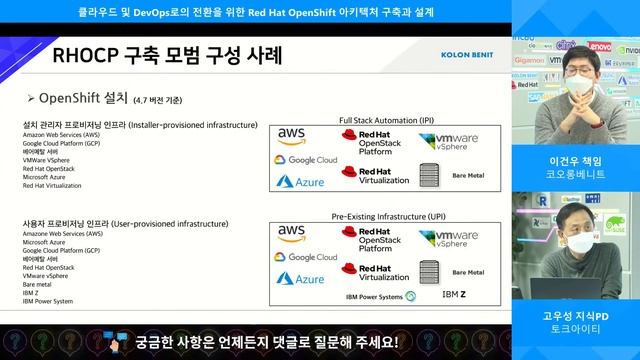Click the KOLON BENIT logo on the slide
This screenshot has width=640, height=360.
click(x=466, y=55)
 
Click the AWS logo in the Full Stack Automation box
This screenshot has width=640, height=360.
click(x=291, y=136)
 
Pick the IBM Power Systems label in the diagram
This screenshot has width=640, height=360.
click(x=374, y=297)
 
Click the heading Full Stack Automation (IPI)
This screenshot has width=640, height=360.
click(x=385, y=117)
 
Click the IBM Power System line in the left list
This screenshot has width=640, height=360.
click(x=48, y=301)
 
